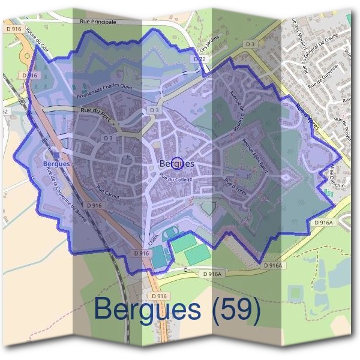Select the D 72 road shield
(199, 59)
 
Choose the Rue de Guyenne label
(323, 76)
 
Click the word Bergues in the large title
(147, 311)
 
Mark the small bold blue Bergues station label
(57, 163)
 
